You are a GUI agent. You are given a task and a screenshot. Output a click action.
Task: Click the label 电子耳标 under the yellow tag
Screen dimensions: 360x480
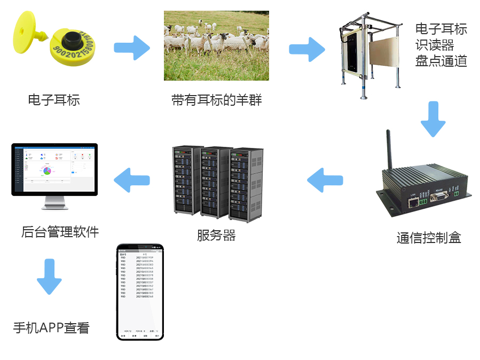click(x=53, y=100)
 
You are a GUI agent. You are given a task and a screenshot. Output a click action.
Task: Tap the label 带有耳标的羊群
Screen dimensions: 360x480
click(x=216, y=100)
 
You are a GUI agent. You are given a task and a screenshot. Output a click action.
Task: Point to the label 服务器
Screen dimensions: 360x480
click(x=216, y=235)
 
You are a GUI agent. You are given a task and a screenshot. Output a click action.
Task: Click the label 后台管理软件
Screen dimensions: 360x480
click(x=60, y=232)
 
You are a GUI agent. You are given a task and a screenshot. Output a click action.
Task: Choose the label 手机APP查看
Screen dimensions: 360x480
click(x=51, y=328)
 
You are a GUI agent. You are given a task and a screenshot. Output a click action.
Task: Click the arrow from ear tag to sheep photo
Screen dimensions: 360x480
click(x=131, y=48)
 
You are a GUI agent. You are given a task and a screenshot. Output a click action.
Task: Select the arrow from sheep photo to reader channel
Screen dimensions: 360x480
click(x=306, y=49)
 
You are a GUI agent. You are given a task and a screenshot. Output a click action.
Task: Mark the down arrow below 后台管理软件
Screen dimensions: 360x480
click(x=49, y=276)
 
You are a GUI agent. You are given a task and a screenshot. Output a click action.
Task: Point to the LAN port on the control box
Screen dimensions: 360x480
click(x=413, y=202)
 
